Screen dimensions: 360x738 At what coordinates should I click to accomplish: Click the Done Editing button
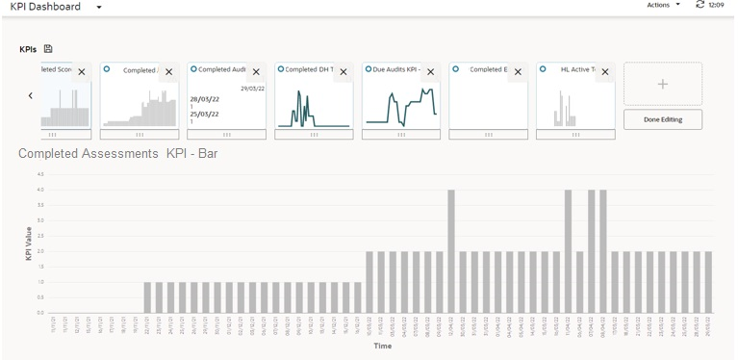662,119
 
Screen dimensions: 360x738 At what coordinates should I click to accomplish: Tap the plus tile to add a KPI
662,84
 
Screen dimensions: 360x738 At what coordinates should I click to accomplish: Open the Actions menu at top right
663,6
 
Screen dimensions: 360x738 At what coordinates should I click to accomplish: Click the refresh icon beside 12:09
700,6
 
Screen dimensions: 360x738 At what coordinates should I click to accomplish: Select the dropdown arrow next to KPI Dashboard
98,8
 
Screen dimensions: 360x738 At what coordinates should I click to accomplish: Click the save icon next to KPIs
48,49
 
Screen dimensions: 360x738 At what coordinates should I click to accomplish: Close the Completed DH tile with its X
343,72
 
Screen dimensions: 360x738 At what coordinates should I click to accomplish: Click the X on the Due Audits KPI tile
430,72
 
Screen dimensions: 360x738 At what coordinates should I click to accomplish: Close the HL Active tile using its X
604,72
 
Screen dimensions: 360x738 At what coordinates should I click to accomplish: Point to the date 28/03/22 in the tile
204,99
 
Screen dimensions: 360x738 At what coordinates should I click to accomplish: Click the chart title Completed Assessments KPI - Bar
117,154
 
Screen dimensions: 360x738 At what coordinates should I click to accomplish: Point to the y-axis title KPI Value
28,244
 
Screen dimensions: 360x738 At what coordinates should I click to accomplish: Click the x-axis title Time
382,346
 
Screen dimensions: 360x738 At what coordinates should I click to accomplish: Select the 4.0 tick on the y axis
39,190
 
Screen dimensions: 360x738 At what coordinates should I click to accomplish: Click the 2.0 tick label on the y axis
39,251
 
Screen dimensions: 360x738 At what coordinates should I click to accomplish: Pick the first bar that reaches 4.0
451,251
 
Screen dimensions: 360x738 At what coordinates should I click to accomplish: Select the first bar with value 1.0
147,297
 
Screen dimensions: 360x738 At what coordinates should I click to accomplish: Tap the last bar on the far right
708,282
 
